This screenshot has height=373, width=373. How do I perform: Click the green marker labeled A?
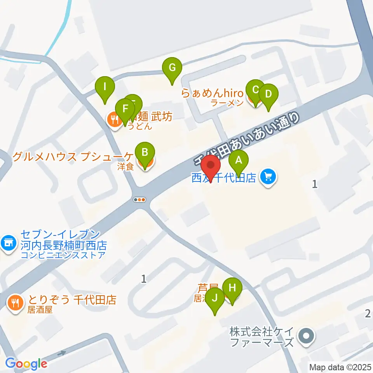tap(239, 160)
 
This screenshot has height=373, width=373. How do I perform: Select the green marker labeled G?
tap(172, 68)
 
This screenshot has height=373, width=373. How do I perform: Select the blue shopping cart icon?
tap(268, 177)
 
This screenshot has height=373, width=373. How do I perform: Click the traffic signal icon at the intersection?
tap(139, 200)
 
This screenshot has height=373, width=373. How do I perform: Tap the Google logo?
tap(26, 364)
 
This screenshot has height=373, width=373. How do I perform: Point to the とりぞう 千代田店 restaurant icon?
tap(15, 302)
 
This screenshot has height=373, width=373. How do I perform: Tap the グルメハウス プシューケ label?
tap(73, 157)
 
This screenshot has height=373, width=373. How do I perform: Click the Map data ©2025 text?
tap(340, 367)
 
